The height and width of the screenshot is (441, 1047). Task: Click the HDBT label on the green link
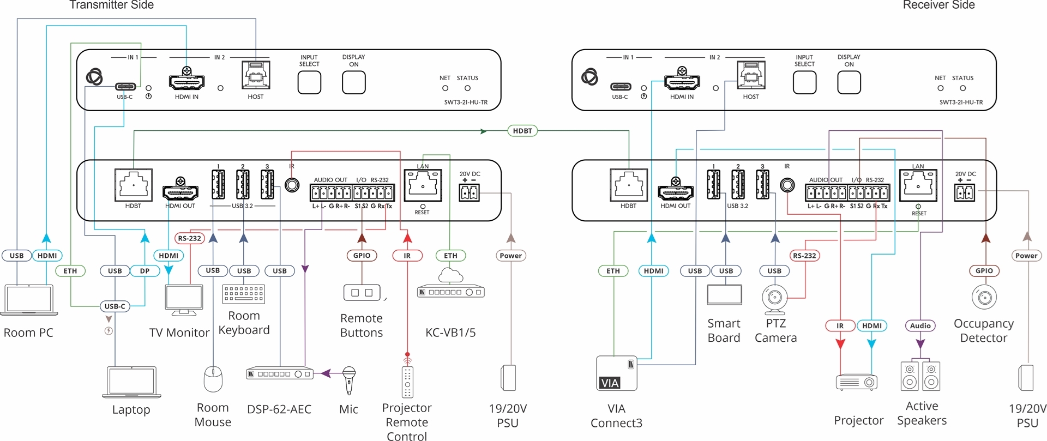(522, 131)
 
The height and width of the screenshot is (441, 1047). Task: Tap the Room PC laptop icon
(29, 299)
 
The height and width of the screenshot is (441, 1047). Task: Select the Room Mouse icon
(213, 379)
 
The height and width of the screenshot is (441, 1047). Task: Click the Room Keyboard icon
(244, 294)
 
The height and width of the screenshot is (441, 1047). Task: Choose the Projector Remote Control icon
(407, 381)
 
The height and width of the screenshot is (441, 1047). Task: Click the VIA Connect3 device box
(616, 373)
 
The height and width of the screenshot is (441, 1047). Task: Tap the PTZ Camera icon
(775, 299)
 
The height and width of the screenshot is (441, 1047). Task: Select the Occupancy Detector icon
(984, 298)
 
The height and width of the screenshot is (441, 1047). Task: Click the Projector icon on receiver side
(857, 382)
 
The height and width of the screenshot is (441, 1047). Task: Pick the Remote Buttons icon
(362, 293)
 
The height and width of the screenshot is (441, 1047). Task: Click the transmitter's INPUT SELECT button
(309, 82)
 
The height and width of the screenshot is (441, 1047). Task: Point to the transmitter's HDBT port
(133, 185)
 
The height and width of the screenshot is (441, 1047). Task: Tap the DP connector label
(145, 271)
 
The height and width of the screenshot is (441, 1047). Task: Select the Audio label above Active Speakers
(920, 326)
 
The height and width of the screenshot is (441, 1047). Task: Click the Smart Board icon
(724, 294)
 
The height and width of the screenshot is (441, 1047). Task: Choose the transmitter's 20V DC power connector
(469, 192)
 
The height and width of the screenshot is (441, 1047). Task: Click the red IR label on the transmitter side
(407, 256)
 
